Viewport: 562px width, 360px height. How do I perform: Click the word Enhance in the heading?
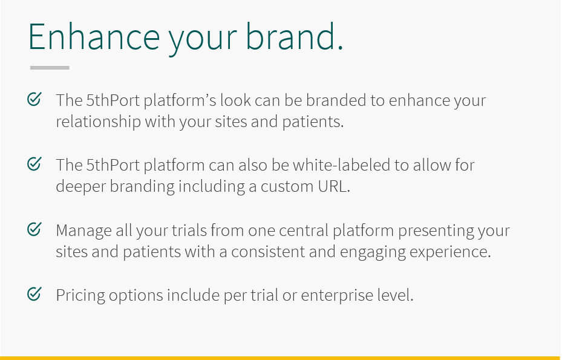[94, 36]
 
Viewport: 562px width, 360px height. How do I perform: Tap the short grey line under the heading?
[50, 67]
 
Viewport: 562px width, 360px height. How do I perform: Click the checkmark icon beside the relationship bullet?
[34, 99]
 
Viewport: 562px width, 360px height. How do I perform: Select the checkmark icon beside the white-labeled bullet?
[34, 164]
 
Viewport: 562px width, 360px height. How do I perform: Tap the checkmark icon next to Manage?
[34, 229]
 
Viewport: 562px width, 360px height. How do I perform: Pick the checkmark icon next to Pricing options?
[34, 294]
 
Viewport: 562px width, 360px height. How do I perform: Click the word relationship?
[98, 122]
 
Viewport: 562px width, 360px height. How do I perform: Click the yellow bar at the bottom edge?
[281, 358]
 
